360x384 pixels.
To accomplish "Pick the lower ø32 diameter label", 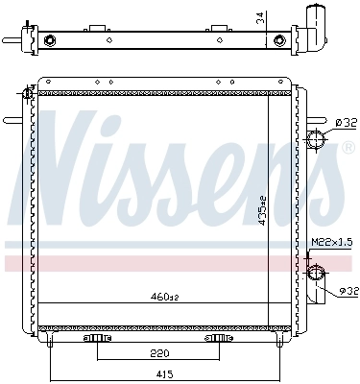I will pos(347,289).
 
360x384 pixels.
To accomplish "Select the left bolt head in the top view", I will pos(49,40).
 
